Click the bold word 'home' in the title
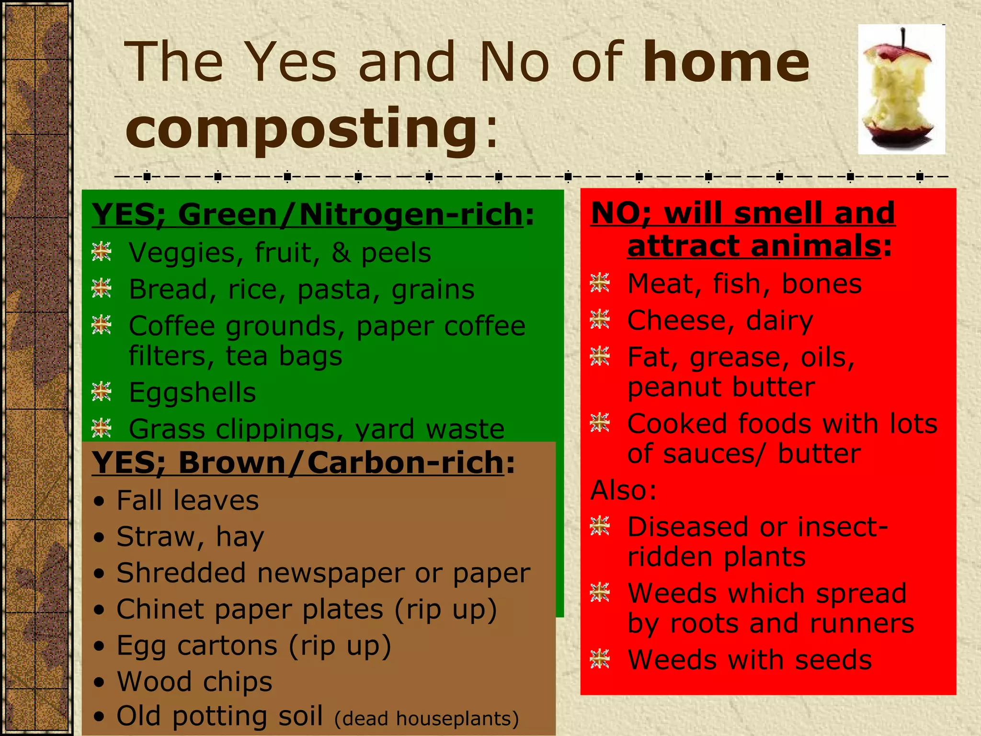(726, 62)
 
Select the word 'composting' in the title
(302, 128)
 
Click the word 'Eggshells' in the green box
(192, 392)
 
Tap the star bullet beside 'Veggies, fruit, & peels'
(102, 252)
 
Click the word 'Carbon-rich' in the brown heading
(405, 463)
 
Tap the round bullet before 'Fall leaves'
(99, 502)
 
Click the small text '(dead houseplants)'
(426, 719)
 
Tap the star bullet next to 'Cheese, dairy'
(600, 320)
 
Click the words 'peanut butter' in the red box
(721, 387)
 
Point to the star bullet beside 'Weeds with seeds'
(600, 659)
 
